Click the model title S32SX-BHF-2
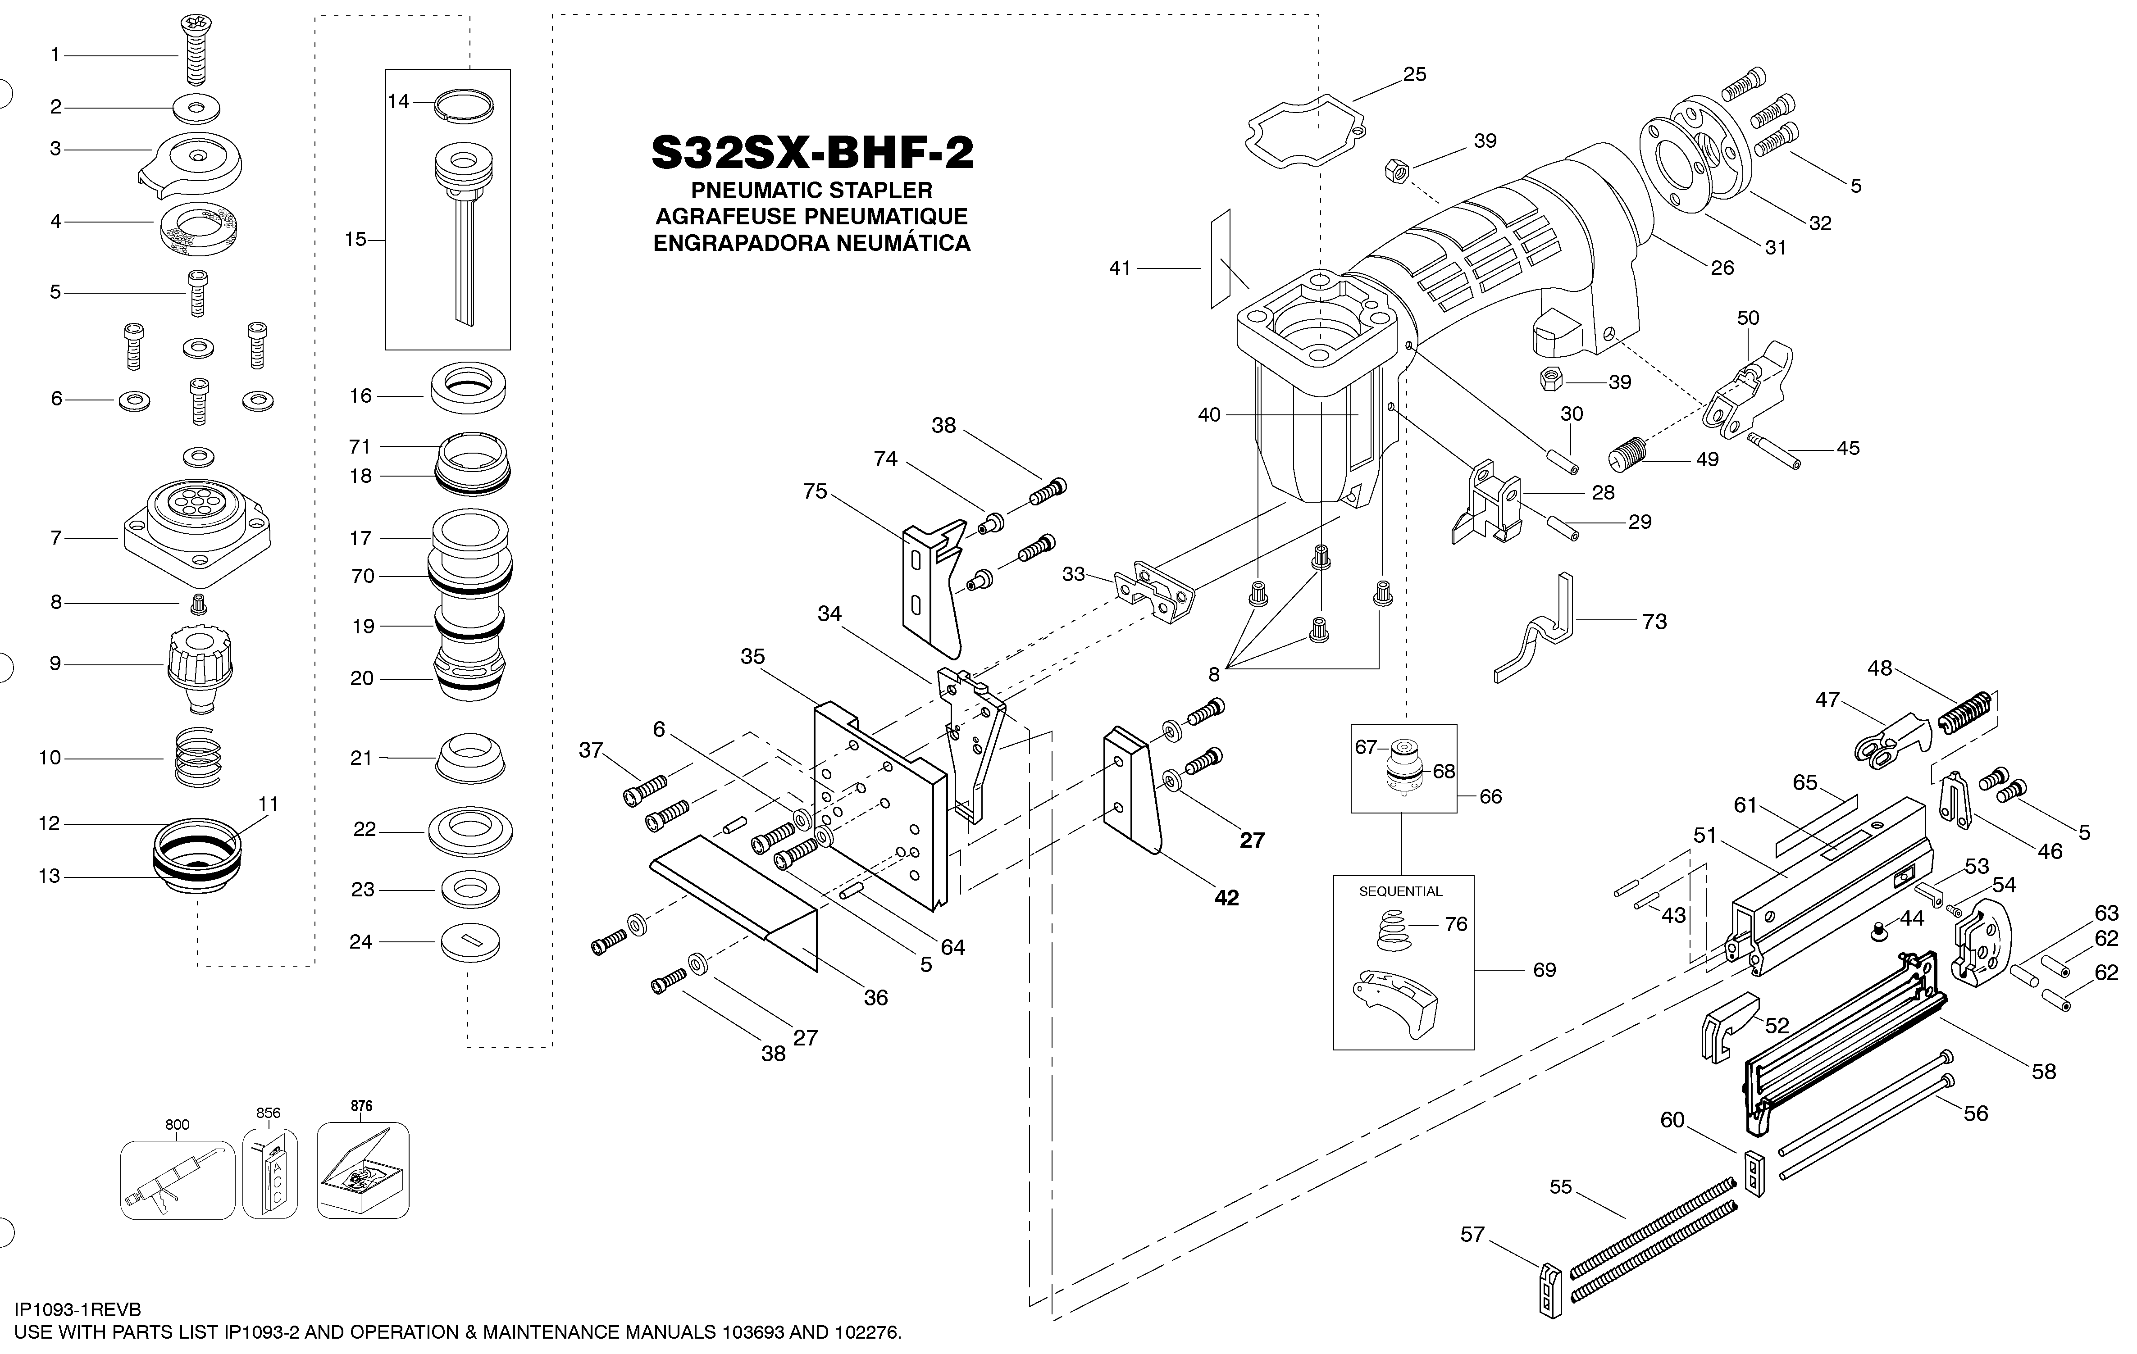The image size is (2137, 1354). coord(812,153)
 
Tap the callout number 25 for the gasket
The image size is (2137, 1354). coord(1415,74)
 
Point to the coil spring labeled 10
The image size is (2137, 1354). coord(197,757)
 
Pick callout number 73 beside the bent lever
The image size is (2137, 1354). coord(1654,622)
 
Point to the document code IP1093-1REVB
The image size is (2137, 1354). coord(78,1310)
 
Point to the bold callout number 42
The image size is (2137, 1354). coord(1226,898)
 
